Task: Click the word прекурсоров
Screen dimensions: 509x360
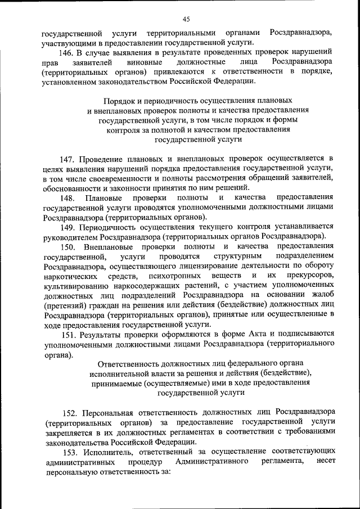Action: coord(309,276)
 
